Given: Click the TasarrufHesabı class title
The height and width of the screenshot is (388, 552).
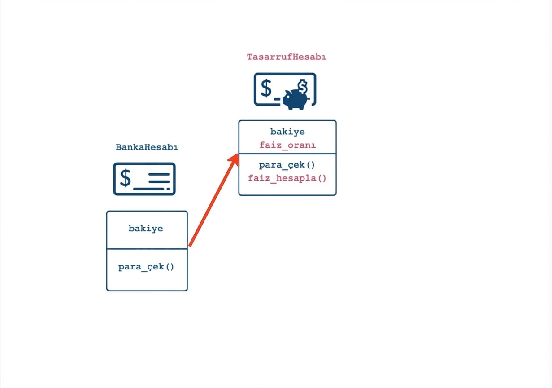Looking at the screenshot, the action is coord(287,57).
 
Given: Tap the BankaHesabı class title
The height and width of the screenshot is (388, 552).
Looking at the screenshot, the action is coord(147,147).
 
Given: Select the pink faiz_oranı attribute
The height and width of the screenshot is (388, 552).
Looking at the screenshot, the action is coord(287,145).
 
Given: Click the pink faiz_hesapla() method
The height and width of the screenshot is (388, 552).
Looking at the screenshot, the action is coord(287,178).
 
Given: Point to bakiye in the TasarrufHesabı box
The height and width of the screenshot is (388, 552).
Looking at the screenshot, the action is coord(287,132).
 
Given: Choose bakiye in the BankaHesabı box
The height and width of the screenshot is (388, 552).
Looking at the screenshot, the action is coord(146,228).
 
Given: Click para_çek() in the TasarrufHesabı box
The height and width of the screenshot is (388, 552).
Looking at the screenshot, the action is coord(287,165).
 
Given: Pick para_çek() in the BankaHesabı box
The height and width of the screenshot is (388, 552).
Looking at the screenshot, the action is coord(146,267).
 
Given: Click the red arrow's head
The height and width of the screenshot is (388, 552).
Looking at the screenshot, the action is coord(234,159).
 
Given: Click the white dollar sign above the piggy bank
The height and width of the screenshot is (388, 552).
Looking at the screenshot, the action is coord(302,86).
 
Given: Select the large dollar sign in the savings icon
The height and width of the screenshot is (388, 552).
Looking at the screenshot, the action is coord(266,88).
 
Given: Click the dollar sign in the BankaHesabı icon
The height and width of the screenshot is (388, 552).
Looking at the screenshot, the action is coord(125,178).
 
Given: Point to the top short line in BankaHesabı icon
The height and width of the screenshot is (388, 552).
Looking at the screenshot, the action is coord(159,174).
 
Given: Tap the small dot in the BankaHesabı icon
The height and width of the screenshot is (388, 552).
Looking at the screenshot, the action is coord(168,189).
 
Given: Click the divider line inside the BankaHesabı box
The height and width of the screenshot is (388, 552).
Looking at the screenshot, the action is coord(147,249).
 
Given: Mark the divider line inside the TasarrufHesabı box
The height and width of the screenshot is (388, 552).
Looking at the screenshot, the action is coord(287,154).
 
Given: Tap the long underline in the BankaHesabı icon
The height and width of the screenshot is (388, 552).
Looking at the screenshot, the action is coord(148,189).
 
